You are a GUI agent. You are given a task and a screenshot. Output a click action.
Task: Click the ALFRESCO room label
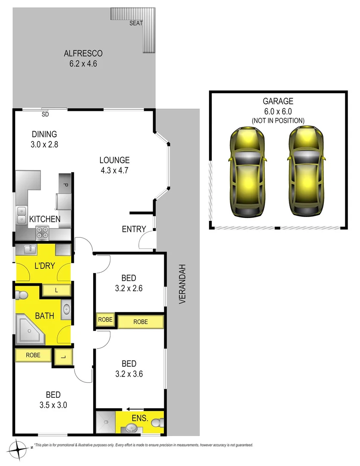click(83, 54)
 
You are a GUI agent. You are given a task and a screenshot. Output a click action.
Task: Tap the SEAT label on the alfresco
click(136, 23)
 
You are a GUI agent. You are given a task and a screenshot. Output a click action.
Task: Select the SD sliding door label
click(45, 115)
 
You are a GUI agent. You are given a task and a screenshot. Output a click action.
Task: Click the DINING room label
click(44, 134)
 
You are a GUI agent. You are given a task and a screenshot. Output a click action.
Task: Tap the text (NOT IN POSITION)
click(278, 120)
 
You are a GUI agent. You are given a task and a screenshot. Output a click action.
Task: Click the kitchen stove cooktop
click(43, 233)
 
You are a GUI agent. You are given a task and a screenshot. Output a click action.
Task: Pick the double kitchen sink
click(21, 215)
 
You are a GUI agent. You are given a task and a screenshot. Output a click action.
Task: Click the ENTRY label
click(134, 229)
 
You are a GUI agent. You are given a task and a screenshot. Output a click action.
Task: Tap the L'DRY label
click(44, 266)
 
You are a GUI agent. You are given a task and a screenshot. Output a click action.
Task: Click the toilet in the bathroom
click(20, 296)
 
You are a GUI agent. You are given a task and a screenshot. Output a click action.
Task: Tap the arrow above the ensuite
click(135, 409)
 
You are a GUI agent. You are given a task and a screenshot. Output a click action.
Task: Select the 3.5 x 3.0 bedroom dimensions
click(53, 405)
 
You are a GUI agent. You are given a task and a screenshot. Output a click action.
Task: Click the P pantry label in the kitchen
click(66, 185)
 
